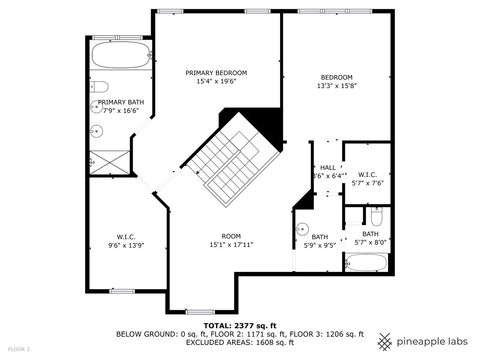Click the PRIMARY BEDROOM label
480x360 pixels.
217,73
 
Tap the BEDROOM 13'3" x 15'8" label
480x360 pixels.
336,78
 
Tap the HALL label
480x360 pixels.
327,168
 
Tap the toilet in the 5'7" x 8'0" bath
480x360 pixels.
376,217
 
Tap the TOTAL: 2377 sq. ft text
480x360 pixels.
240,325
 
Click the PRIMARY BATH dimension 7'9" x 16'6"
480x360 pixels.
119,111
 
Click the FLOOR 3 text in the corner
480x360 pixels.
19,349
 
